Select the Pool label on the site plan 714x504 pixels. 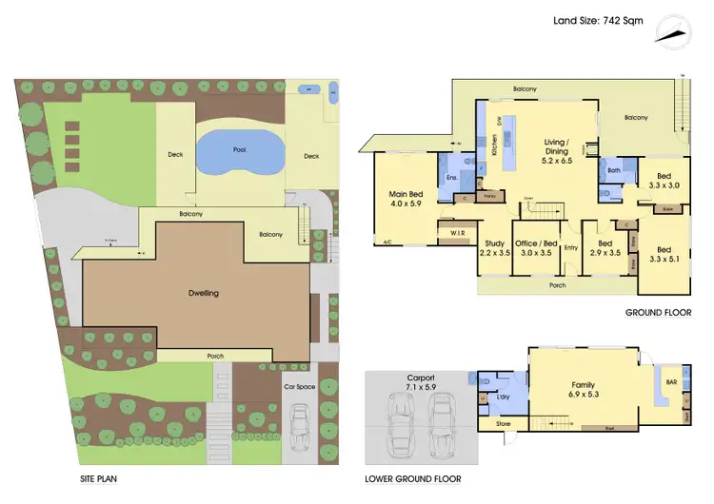click(240, 149)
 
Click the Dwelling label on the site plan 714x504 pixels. click(202, 293)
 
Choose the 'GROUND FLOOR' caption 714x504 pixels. click(658, 312)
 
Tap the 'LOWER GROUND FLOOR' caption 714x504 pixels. click(413, 479)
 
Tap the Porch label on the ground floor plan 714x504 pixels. click(556, 284)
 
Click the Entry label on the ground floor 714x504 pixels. click(570, 249)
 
